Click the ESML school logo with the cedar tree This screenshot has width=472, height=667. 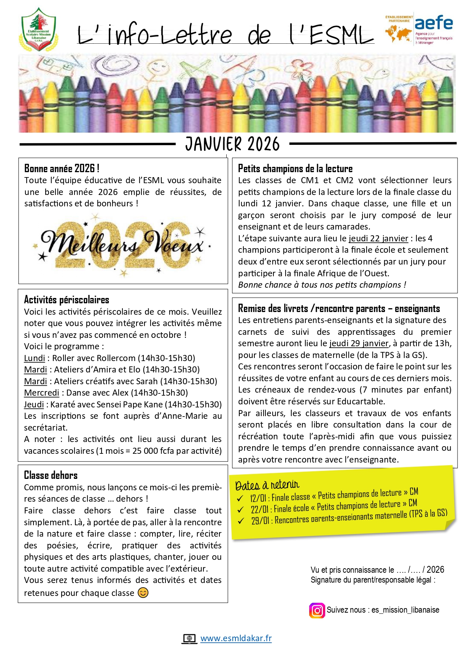pos(38,30)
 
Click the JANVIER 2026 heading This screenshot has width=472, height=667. pos(232,144)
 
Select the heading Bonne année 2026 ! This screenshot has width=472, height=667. pos(62,168)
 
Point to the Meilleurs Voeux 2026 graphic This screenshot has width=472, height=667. pos(123,245)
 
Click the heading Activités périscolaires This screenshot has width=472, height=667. pos(67,300)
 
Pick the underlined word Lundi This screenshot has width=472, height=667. pos(34,358)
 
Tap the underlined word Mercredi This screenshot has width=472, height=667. pos(41,393)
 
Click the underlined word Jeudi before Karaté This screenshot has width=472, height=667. pos(34,404)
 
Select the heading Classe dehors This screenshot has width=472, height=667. pos(51,475)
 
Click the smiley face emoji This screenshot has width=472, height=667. pos(143,593)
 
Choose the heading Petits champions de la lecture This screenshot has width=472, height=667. pos(295,168)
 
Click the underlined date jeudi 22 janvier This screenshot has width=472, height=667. pos(378,238)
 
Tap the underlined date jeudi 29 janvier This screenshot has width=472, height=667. pos(359,343)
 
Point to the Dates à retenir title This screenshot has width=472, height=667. pos(267,485)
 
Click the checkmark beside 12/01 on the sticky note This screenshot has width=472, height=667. pos(240,498)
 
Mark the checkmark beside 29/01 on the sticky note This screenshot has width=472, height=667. pos(241,521)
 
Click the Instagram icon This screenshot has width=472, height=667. pos(317,610)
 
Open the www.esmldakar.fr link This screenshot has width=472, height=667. pos(236,638)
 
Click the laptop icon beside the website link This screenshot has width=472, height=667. pos(189,638)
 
